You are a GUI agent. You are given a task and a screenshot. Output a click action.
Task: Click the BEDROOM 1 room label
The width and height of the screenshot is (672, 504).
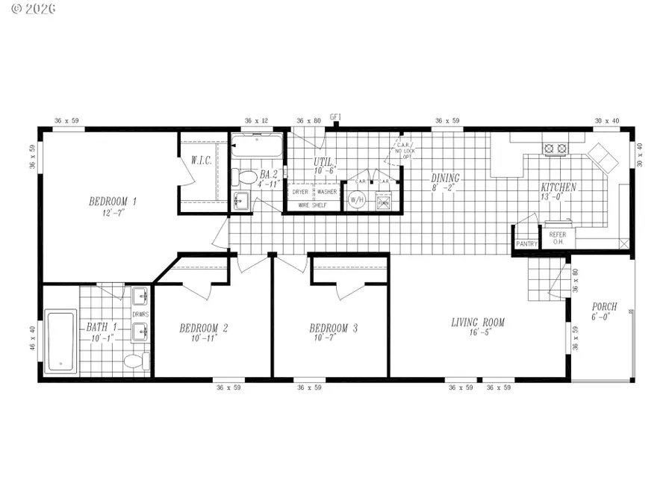pyautogui.click(x=113, y=202)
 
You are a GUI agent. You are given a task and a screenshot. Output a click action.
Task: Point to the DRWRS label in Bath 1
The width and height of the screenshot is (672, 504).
pyautogui.click(x=140, y=314)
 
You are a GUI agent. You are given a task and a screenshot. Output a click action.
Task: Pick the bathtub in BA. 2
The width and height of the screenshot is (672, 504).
pyautogui.click(x=257, y=146)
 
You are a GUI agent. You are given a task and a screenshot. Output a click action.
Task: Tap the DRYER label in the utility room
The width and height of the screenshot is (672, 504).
pyautogui.click(x=300, y=192)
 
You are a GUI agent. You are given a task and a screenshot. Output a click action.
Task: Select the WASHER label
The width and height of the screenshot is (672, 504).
pyautogui.click(x=327, y=192)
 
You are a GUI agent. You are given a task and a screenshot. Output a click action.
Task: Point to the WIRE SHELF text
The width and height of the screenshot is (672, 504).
pyautogui.click(x=314, y=204)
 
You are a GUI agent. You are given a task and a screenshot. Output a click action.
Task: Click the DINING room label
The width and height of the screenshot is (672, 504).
pyautogui.click(x=446, y=178)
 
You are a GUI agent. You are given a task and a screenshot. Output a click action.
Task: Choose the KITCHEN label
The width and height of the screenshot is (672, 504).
pyautogui.click(x=559, y=187)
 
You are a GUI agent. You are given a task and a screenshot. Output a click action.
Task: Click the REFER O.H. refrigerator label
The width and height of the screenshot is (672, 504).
pyautogui.click(x=558, y=238)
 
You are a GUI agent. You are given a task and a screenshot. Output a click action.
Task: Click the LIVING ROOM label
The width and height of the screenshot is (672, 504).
pyautogui.click(x=478, y=323)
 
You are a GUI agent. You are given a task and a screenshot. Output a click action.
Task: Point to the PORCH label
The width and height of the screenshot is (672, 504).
pyautogui.click(x=604, y=307)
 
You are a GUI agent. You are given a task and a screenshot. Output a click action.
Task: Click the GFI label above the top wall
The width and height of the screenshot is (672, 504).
pyautogui.click(x=335, y=116)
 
